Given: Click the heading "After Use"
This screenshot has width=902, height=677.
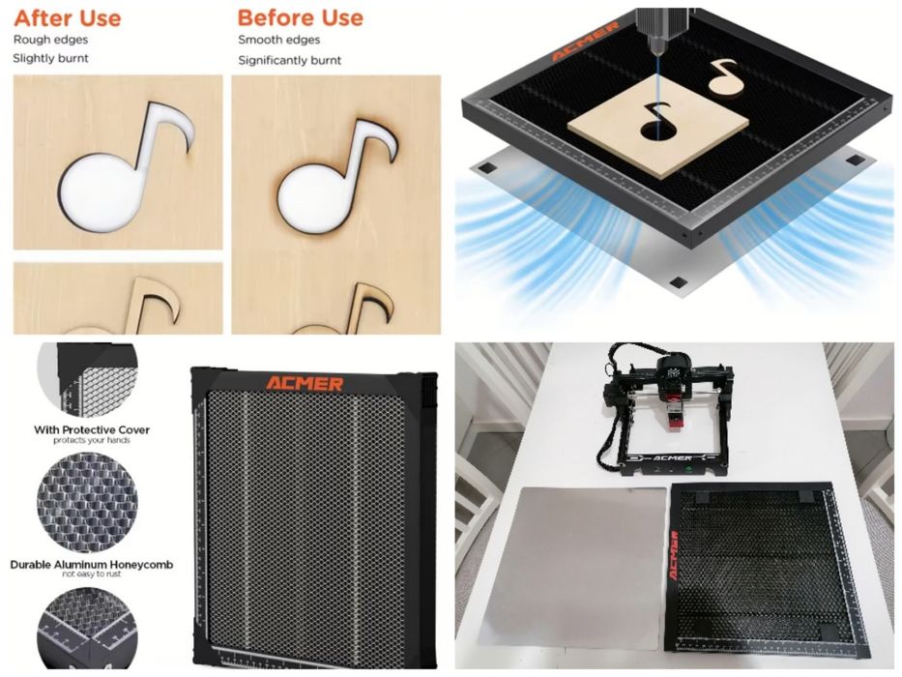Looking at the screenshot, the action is (68, 17).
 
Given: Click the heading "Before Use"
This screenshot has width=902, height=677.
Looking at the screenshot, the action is (301, 17).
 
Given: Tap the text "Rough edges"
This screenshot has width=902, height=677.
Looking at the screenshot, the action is (50, 40).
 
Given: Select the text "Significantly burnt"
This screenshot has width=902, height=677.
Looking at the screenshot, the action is (289, 60).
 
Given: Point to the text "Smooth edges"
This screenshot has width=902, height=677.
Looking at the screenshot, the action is (279, 40).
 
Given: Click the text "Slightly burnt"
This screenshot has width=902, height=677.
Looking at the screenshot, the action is (50, 58).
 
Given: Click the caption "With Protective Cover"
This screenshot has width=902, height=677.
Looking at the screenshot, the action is (92, 429).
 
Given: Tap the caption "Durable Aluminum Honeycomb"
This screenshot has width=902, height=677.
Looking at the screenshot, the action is (92, 564).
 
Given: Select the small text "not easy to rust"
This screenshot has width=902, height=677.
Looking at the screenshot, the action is (92, 574).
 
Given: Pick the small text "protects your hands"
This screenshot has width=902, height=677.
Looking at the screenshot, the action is (92, 440).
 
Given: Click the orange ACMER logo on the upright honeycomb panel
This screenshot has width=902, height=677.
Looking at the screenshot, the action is (305, 383).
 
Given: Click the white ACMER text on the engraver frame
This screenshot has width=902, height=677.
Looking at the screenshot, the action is (673, 458).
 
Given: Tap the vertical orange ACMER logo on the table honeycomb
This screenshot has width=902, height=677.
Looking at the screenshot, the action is (674, 555).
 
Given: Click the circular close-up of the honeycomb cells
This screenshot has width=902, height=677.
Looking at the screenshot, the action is (87, 503).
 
